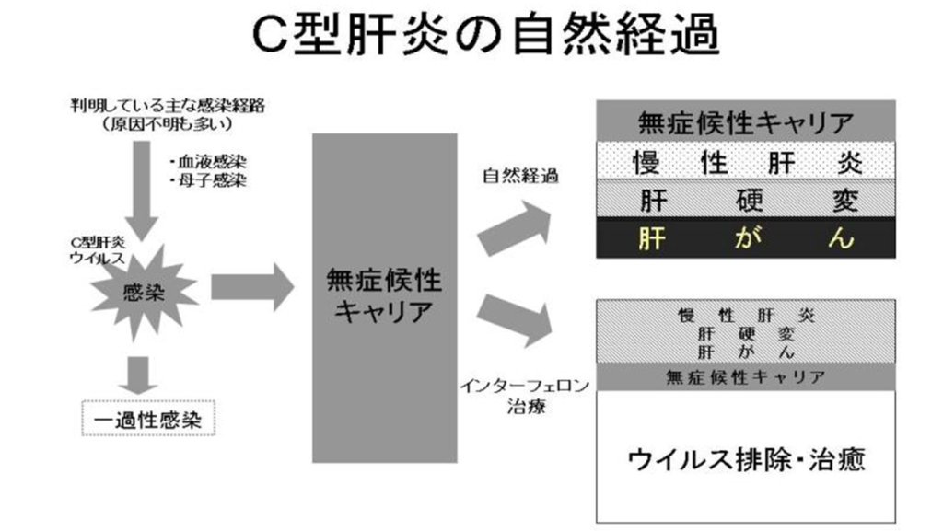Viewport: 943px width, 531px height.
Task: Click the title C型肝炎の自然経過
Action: tap(485, 35)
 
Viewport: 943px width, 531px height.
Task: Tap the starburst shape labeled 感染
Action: tap(144, 293)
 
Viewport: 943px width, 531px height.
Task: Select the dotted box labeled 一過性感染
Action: tap(148, 418)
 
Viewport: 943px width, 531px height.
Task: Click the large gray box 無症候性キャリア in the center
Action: tap(384, 298)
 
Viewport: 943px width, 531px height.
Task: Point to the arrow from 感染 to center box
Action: tap(252, 287)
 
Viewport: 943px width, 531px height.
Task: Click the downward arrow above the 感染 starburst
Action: tap(142, 190)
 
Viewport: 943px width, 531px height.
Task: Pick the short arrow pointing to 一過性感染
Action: tap(138, 375)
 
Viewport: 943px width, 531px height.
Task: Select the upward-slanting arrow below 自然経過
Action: tap(515, 228)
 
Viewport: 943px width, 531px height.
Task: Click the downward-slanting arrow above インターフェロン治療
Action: tap(515, 320)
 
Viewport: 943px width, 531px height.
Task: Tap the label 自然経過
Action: tap(521, 176)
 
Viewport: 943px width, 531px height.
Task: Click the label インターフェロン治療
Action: tap(525, 396)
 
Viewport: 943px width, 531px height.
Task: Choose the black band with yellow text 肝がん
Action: tap(746, 238)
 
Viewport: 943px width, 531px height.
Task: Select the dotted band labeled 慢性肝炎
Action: tap(746, 161)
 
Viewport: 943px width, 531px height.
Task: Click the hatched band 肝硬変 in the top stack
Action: tap(746, 199)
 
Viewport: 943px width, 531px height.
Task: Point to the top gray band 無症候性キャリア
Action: tap(746, 122)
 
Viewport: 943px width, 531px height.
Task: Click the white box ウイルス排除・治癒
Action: tap(746, 456)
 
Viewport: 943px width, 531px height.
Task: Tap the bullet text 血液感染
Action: tap(208, 162)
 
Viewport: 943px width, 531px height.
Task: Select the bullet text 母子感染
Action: tap(208, 180)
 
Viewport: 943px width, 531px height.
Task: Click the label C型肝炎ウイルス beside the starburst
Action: tap(98, 250)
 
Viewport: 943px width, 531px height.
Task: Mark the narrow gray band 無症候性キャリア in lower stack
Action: tap(746, 376)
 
